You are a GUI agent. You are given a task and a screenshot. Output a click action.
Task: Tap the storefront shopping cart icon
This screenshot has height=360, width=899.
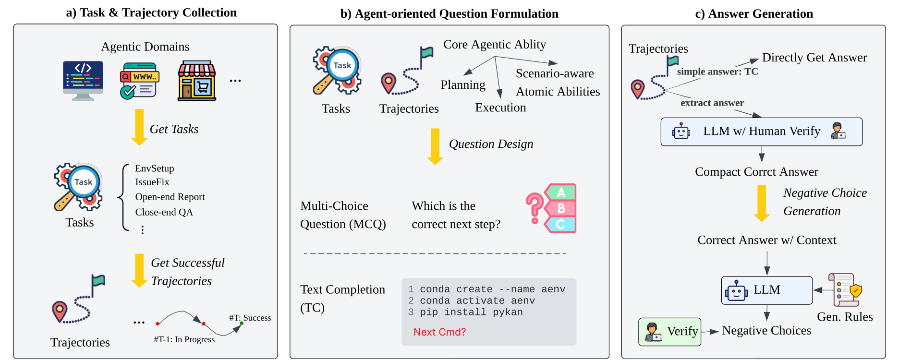coord(197,81)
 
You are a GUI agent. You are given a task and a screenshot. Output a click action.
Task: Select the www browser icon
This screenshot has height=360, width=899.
coord(139,81)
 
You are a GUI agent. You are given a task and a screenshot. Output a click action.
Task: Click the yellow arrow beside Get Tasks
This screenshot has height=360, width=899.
coord(139,127)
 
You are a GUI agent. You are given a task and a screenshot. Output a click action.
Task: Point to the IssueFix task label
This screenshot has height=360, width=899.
coord(152,182)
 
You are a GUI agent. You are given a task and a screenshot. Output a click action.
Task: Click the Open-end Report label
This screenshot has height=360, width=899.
coord(170,197)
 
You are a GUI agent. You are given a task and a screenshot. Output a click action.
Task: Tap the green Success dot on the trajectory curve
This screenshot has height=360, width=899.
coord(242,323)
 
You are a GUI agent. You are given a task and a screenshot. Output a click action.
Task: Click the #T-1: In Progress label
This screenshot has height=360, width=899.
coord(184,339)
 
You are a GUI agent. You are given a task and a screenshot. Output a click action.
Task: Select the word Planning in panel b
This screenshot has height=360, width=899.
coord(463,85)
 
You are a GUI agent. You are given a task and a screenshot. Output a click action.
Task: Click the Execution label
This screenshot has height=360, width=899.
coord(500,108)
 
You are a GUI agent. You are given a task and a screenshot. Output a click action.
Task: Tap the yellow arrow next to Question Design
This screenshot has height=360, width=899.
coord(435,146)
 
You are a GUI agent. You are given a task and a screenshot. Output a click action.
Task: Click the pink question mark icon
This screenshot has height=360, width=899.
coord(534,208)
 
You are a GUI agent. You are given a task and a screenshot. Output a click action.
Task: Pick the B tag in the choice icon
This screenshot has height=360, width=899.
coord(561,208)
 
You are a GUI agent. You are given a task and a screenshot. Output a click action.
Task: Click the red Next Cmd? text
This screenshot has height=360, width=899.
coord(439,332)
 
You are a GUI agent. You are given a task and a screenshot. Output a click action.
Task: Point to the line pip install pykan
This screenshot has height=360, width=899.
coord(471,312)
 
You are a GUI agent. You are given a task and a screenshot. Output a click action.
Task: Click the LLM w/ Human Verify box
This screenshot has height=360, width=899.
coord(761,132)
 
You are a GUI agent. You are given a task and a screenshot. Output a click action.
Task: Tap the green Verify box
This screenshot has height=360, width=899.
coord(669,332)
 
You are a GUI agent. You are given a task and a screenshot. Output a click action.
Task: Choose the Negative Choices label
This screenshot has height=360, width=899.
coord(766,331)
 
